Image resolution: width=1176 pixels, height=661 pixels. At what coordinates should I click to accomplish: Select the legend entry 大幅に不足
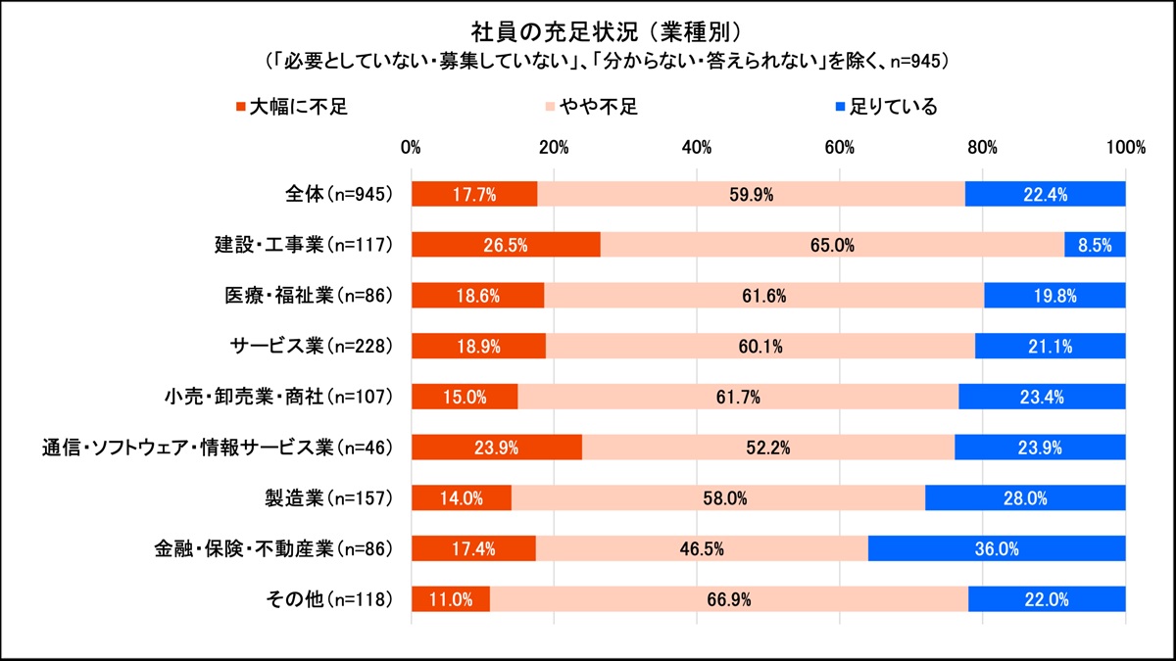click(x=292, y=106)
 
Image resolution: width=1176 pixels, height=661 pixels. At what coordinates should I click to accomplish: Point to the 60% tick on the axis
click(x=840, y=148)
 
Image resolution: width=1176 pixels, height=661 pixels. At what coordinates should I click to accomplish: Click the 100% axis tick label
click(x=1125, y=148)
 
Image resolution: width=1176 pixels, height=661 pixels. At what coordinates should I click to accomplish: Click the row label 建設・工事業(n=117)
click(x=304, y=245)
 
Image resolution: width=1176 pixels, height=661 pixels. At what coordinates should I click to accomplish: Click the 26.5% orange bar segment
click(x=506, y=245)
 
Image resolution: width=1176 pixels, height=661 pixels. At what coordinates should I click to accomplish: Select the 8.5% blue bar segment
click(x=1095, y=245)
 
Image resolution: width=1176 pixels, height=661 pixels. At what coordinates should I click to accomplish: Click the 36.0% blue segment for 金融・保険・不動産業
click(x=997, y=548)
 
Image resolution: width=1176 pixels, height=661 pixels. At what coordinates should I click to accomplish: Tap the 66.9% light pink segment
click(x=728, y=599)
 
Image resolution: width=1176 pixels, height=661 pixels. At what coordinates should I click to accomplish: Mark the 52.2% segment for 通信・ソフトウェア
click(x=767, y=448)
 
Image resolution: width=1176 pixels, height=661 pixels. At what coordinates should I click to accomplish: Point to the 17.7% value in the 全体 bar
click(x=474, y=194)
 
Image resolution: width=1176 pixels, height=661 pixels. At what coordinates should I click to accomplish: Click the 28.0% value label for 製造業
click(x=1025, y=498)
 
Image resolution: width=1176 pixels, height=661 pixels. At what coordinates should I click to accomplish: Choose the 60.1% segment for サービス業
click(x=760, y=346)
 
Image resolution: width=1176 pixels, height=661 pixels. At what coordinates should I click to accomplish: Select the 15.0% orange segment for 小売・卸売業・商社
click(x=465, y=397)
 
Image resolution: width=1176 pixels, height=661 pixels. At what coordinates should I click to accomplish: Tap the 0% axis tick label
click(x=412, y=148)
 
